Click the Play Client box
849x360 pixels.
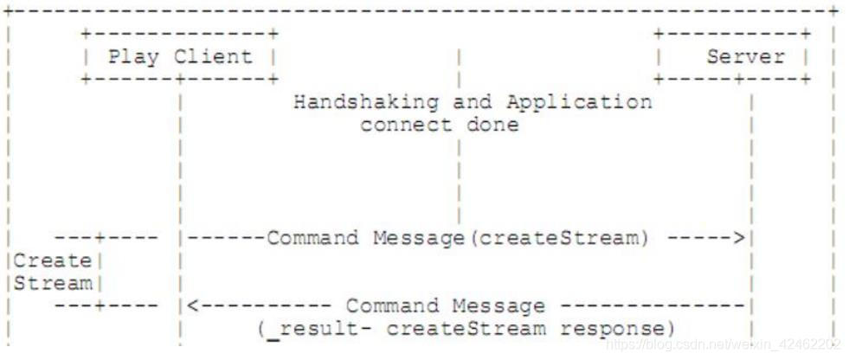coord(179,57)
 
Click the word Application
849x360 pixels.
coord(579,102)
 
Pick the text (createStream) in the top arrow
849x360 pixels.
coord(557,238)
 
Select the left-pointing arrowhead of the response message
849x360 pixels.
coord(193,305)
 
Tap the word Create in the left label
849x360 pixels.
coord(52,260)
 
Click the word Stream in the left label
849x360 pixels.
coord(52,283)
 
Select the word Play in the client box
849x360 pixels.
coord(135,57)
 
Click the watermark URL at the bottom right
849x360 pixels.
coord(722,344)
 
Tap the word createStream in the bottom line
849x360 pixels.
coord(466,329)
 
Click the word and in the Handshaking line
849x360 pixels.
coord(472,102)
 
